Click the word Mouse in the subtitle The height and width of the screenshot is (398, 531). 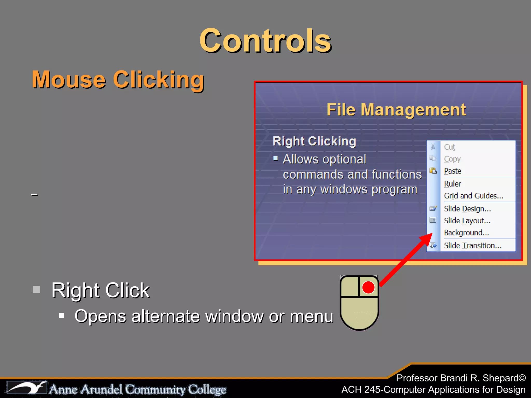tap(69, 80)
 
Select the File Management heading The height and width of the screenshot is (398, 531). tap(396, 110)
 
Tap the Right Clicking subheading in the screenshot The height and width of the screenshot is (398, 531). tap(314, 141)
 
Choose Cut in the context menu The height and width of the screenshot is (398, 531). tap(450, 147)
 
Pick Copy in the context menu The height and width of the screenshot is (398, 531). tap(452, 159)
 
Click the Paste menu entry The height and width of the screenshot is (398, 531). tap(452, 171)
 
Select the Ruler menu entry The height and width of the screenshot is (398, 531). tap(452, 184)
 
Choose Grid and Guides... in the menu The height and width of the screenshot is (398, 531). tap(473, 196)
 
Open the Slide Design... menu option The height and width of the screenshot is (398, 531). tap(467, 209)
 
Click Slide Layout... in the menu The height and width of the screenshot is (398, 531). tap(467, 221)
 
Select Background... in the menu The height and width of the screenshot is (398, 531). tap(466, 233)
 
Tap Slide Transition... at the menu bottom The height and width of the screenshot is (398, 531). tap(472, 245)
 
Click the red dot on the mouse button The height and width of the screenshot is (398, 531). tap(368, 287)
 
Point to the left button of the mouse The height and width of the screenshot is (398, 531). tap(350, 287)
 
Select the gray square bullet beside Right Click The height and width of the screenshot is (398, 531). tap(37, 289)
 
